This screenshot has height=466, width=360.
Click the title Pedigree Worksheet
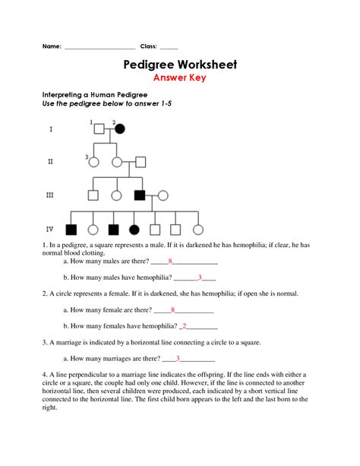179,65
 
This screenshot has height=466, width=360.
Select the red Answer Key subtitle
179,78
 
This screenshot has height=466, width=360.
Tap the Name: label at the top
51,46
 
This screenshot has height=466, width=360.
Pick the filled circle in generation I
119,128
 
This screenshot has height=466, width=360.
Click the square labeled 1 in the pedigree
99,128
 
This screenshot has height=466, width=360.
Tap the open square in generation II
140,161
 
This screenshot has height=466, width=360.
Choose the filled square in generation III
140,195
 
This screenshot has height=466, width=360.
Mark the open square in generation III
93,195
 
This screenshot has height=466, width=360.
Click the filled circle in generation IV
134,229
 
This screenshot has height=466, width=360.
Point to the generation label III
50,195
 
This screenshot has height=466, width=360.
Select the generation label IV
50,229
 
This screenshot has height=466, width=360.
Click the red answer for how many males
172,260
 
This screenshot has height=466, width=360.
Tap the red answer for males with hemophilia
199,277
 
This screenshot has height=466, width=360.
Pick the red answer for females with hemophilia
184,325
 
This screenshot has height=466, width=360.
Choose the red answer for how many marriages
178,357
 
